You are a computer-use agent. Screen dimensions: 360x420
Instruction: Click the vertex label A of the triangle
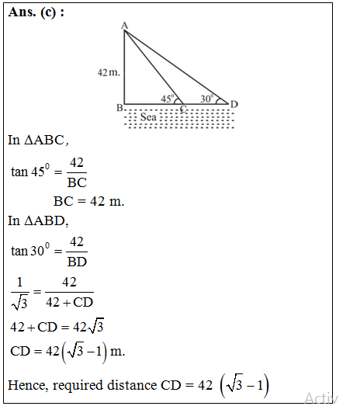tap(124, 26)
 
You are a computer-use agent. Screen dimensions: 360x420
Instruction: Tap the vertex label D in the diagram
tap(234, 103)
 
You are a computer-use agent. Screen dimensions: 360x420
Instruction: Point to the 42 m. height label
tap(109, 72)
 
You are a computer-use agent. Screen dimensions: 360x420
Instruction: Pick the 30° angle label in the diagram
tap(206, 99)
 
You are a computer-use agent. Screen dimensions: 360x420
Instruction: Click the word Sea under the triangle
tap(148, 116)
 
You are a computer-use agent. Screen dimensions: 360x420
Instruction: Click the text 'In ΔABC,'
tap(38, 141)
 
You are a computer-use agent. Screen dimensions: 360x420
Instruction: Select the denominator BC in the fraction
tap(77, 183)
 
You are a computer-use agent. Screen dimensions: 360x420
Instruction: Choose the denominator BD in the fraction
tap(77, 262)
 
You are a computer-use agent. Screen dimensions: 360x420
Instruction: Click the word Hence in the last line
tap(26, 385)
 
